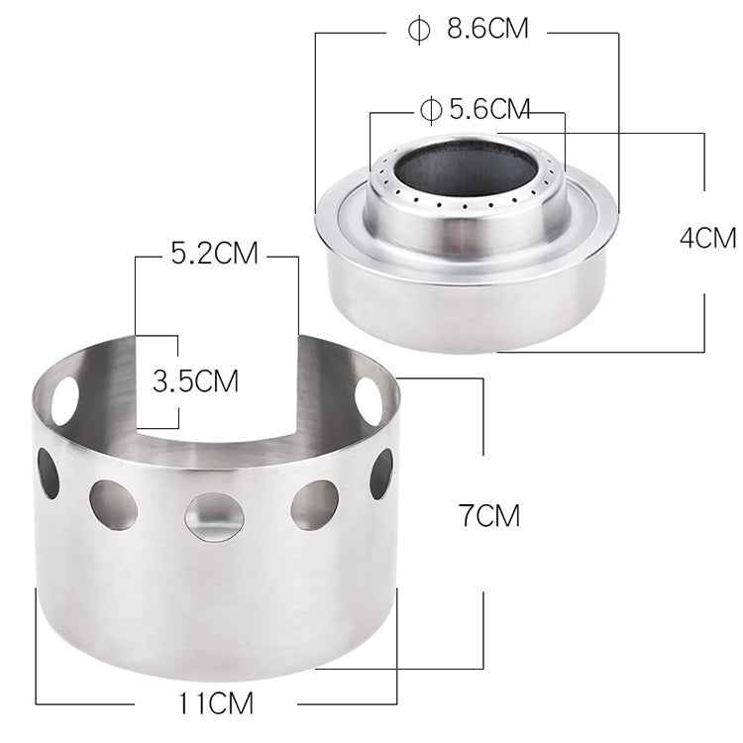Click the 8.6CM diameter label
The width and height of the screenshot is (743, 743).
[x=486, y=29]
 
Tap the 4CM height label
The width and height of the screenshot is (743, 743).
[x=708, y=238]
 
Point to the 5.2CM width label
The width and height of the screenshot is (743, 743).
[x=214, y=254]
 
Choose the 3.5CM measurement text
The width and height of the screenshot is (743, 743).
[x=195, y=381]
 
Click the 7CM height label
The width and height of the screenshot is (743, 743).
[x=488, y=515]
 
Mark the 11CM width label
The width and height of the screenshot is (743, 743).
[x=216, y=704]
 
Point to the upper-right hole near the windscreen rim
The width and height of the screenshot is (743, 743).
[x=370, y=397]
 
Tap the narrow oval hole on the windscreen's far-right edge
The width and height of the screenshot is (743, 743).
[x=380, y=473]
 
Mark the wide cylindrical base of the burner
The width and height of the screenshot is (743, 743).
[x=466, y=297]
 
